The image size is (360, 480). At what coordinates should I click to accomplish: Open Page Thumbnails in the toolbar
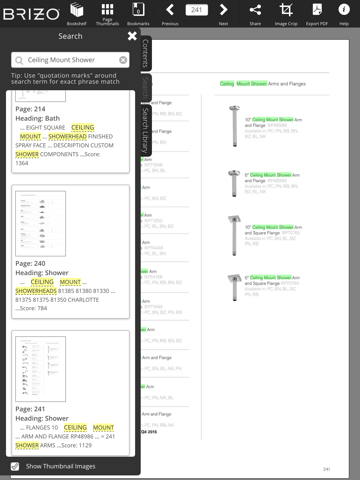coord(107,12)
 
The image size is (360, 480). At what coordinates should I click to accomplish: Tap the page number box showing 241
coord(197,10)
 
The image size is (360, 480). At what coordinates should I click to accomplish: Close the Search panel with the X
coord(132,36)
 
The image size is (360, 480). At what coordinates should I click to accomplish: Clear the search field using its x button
coord(123,60)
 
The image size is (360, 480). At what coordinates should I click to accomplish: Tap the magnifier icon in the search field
coord(19,60)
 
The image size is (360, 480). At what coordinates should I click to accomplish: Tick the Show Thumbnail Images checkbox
coord(14,466)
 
